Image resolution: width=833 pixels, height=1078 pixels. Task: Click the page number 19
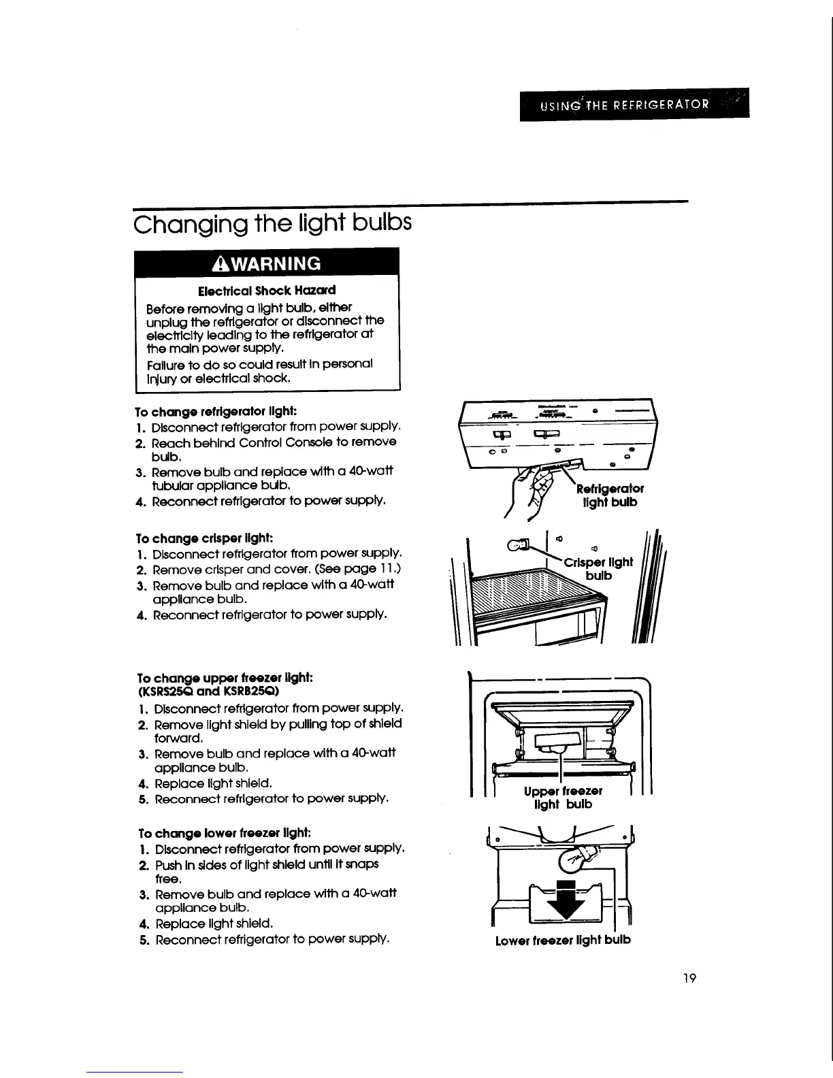point(689,979)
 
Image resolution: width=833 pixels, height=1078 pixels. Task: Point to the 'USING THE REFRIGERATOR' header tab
point(634,105)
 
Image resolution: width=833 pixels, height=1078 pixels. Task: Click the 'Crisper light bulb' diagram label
point(599,568)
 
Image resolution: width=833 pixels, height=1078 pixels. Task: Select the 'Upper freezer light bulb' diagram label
point(563,798)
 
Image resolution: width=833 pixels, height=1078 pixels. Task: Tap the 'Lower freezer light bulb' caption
point(563,940)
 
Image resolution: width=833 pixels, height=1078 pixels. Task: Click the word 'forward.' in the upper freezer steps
point(178,738)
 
